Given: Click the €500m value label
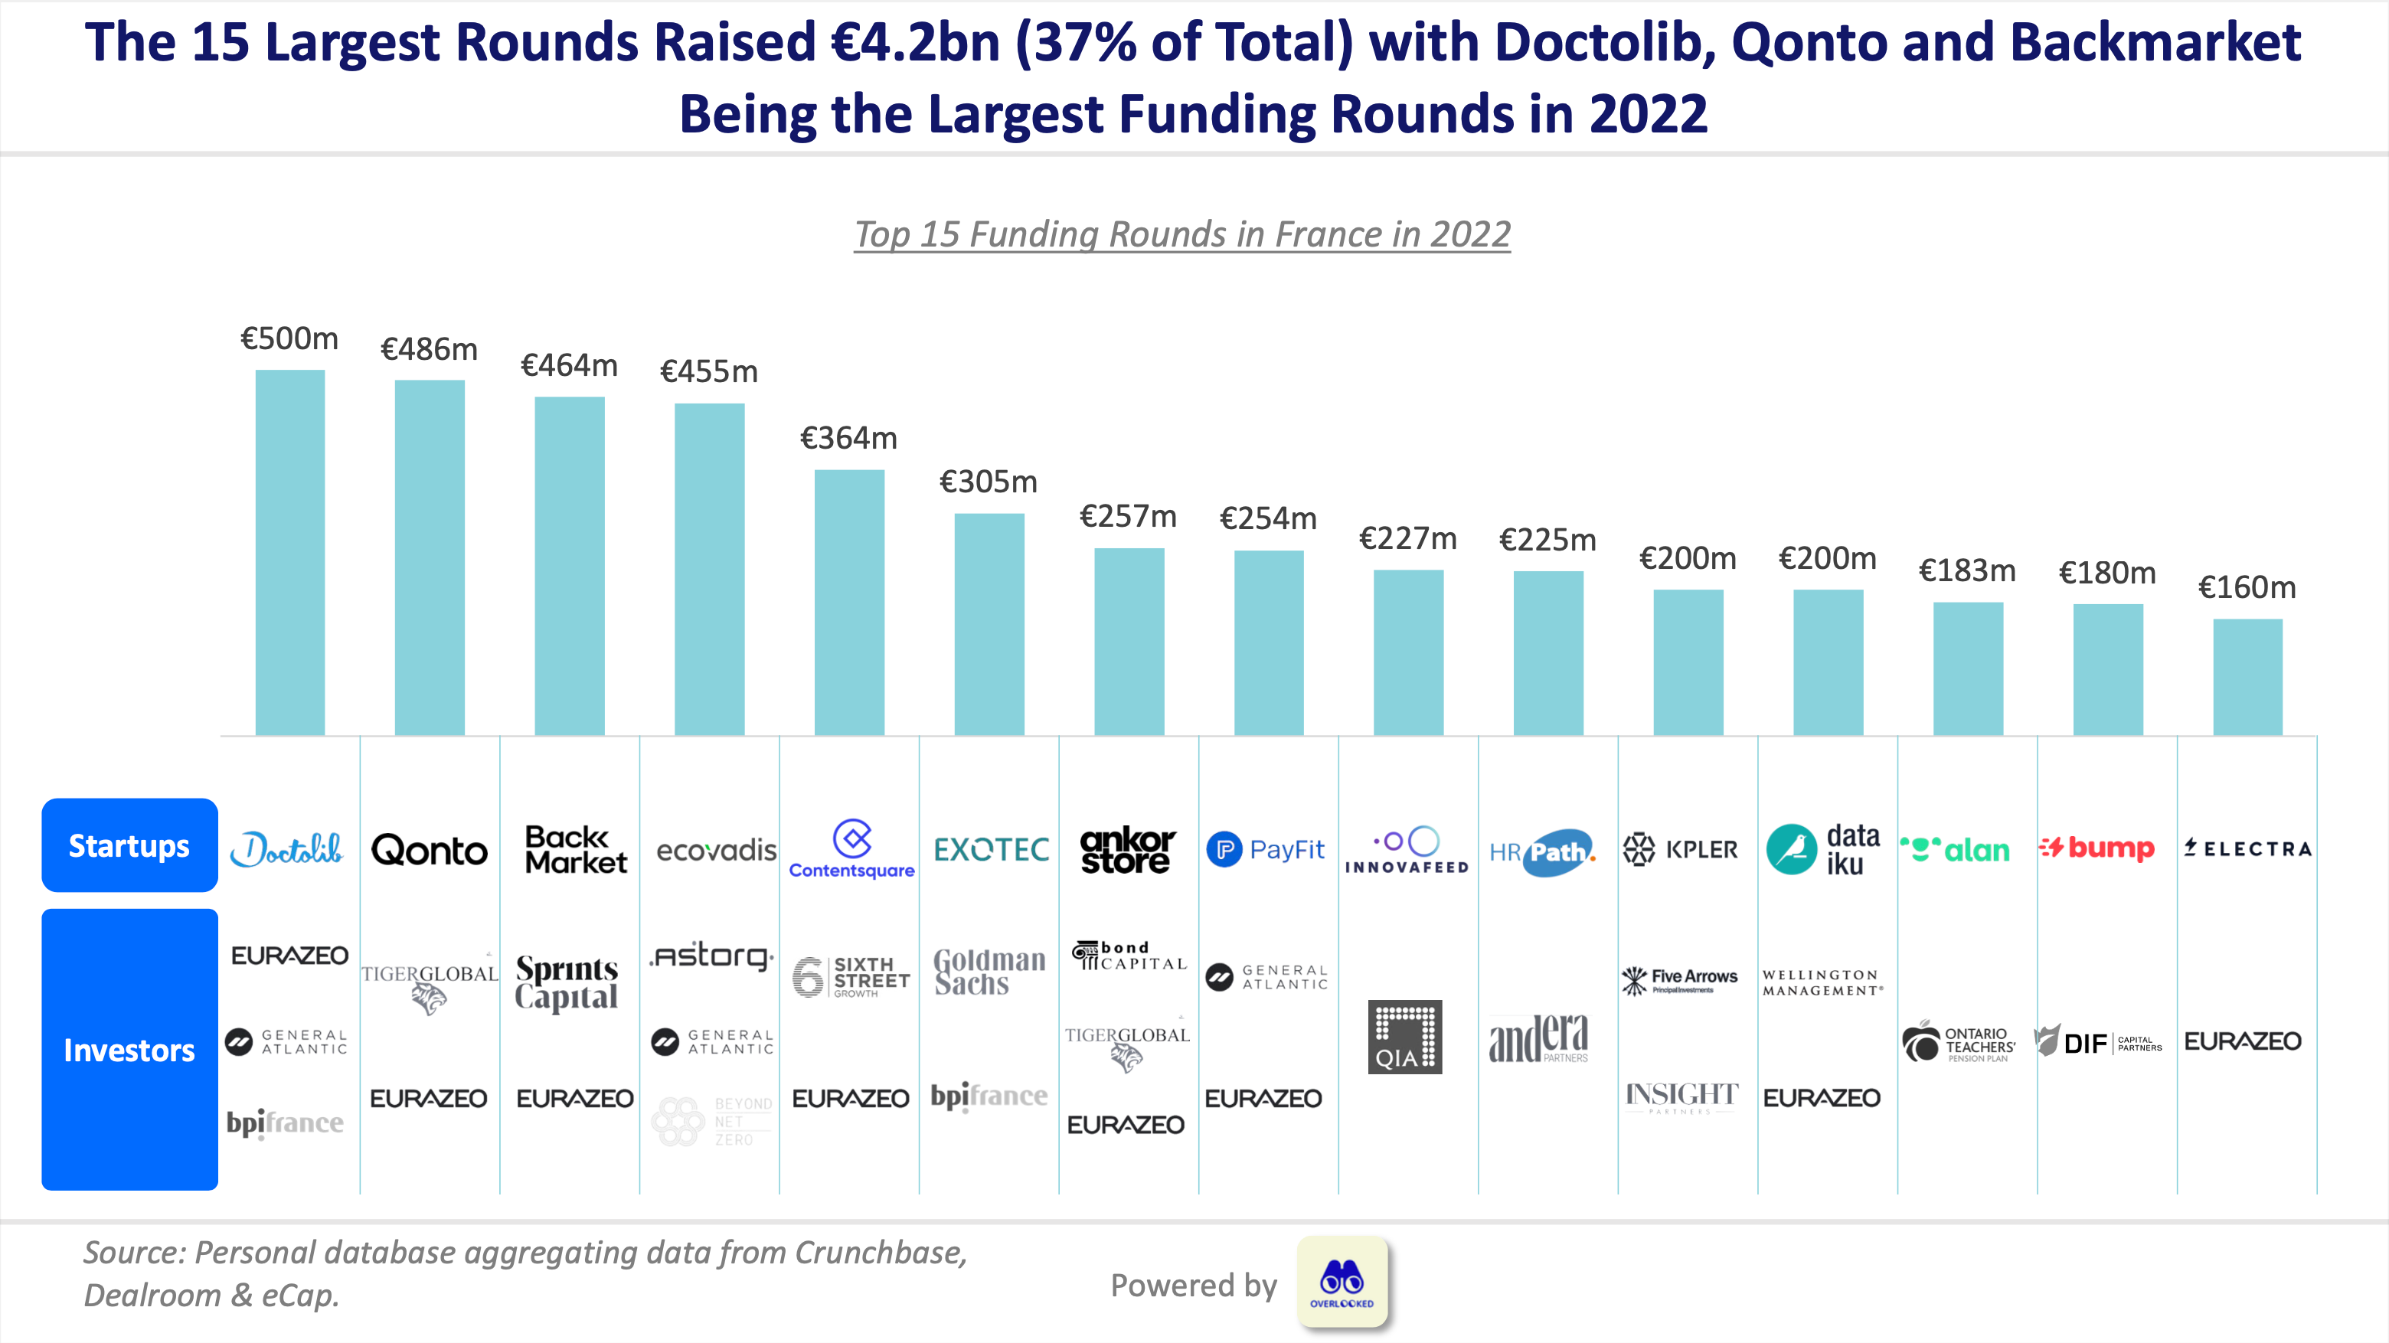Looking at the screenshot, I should (289, 338).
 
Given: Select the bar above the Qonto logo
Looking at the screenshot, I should (430, 557).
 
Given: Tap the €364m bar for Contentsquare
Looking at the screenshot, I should (848, 603).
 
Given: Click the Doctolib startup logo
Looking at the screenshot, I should (286, 848).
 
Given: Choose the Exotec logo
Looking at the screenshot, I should (991, 850).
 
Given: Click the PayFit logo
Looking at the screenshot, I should (1266, 850).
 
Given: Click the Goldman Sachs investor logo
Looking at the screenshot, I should (989, 971).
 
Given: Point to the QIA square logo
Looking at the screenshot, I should (1404, 1037).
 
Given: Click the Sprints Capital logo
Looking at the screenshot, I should (567, 982).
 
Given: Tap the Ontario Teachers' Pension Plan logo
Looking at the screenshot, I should (1959, 1044).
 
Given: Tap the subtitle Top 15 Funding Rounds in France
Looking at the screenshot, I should (1182, 234).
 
